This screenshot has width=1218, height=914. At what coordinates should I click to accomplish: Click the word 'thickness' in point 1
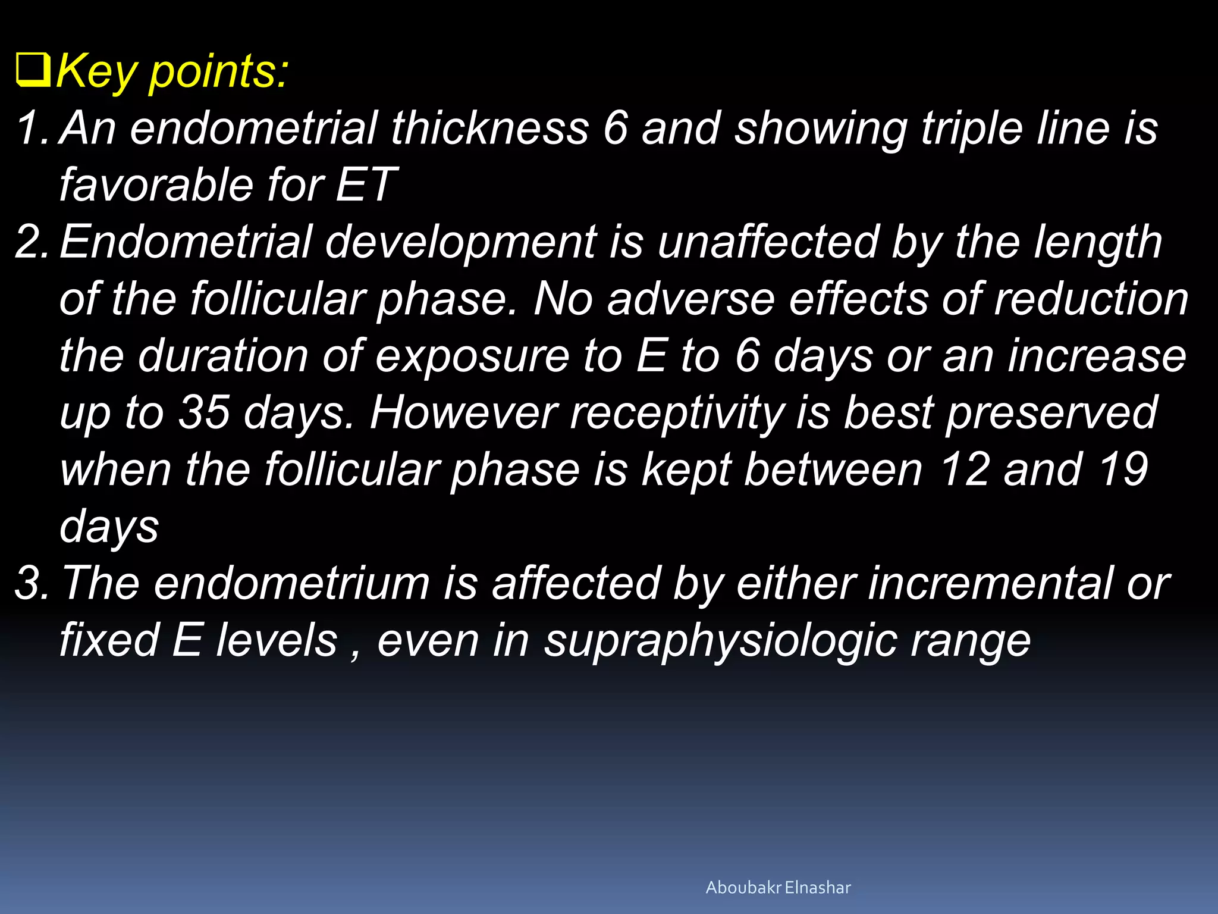pos(489,128)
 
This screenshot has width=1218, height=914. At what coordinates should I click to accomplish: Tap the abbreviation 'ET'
pos(365,185)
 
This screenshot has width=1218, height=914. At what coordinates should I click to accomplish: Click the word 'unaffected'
pos(768,242)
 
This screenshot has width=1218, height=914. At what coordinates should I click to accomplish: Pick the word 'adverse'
pos(690,299)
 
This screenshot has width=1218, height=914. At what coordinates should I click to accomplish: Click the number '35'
pos(204,413)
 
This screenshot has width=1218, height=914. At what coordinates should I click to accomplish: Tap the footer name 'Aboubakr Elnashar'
pos(778,888)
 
